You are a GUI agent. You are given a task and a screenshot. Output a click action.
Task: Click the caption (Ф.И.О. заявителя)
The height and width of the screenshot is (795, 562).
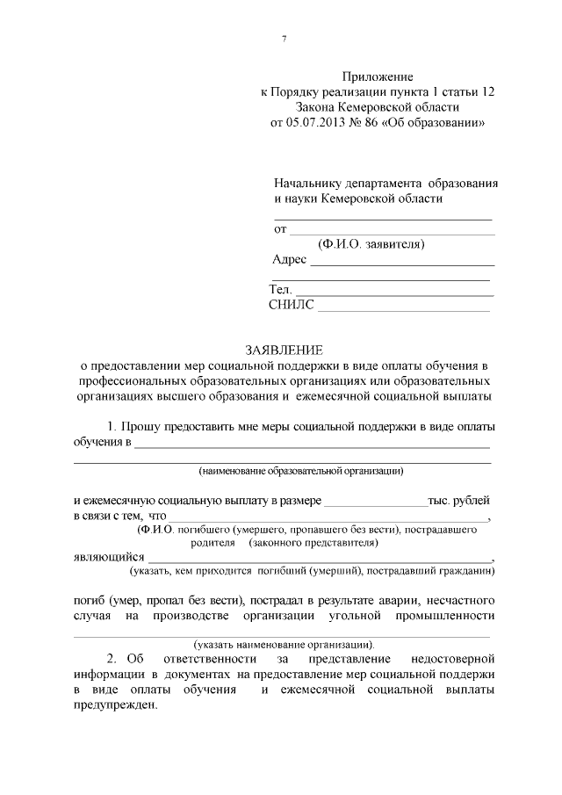[x=371, y=243]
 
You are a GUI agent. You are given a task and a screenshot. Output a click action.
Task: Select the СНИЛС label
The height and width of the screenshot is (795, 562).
[x=290, y=305]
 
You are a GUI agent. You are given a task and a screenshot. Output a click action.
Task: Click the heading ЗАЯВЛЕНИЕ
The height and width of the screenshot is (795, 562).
[x=281, y=350]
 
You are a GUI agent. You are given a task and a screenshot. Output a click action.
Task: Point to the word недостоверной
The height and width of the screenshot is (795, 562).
[x=451, y=658]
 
